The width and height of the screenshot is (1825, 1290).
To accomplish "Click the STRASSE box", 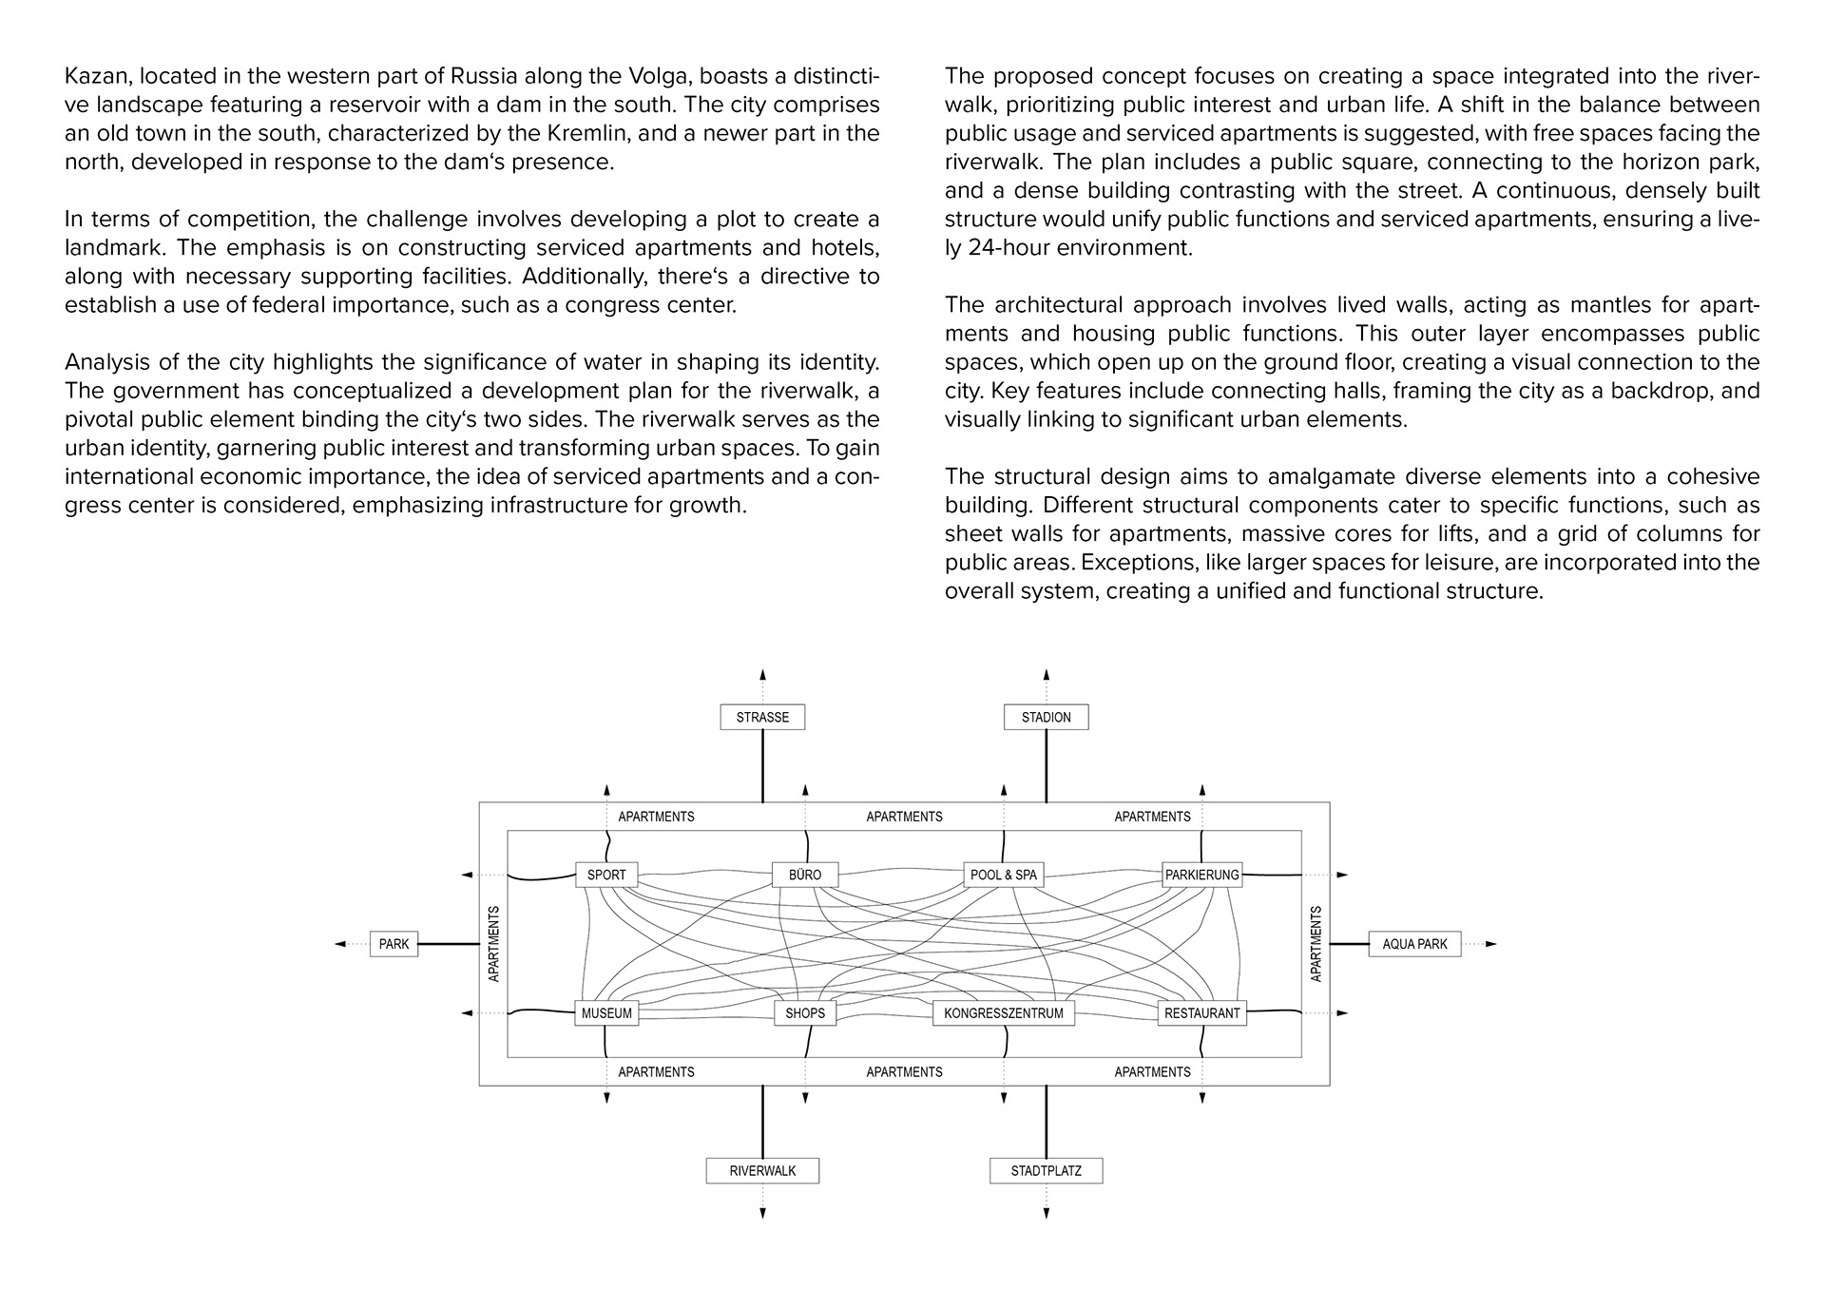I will (x=762, y=717).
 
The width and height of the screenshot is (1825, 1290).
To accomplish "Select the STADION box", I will (x=1046, y=717).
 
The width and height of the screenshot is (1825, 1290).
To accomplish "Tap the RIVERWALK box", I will (x=762, y=1170).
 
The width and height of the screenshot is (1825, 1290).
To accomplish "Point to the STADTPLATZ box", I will (x=1046, y=1170).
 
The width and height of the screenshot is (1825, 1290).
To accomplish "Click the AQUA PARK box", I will (x=1414, y=944).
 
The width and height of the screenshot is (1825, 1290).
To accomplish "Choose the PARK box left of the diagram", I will (x=394, y=944).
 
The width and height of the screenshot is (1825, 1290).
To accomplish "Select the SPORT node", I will (x=606, y=875).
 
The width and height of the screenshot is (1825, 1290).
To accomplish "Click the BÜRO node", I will (x=805, y=875).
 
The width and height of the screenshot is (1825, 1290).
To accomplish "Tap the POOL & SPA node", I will (x=1004, y=875).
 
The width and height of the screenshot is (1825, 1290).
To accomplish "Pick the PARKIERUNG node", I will (x=1201, y=875).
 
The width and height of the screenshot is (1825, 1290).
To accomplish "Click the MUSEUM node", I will (x=606, y=1013).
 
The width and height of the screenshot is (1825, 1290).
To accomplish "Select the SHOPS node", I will (x=805, y=1013).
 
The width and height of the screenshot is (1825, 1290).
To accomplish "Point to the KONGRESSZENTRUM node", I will (x=1004, y=1013).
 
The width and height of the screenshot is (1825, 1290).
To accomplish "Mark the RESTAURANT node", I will (x=1201, y=1013).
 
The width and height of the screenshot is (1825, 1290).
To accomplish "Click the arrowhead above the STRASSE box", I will (x=762, y=674).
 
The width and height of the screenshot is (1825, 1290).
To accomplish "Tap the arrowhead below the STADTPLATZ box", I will (x=1047, y=1213).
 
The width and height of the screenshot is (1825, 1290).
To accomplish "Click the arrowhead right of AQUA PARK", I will (x=1490, y=944).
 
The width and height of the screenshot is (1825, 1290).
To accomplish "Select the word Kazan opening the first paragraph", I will (x=93, y=76).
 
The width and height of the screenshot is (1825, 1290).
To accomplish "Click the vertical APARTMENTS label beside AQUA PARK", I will (x=1316, y=944).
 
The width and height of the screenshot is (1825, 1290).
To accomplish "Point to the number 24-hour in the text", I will (x=1018, y=248).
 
